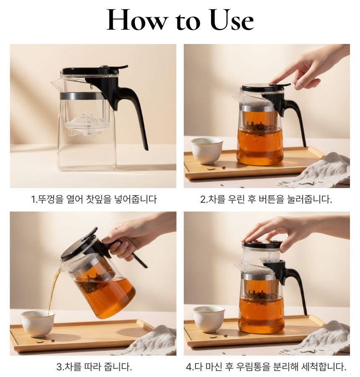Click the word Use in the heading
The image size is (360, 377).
(231, 20)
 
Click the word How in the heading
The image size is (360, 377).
(137, 20)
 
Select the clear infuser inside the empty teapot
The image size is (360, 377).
(87, 124)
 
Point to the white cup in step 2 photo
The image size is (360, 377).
(207, 150)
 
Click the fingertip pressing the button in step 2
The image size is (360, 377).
(273, 83)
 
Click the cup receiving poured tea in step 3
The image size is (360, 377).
(38, 323)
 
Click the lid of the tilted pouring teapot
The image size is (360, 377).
(78, 245)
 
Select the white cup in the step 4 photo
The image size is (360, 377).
(208, 319)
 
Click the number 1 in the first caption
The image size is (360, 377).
(33, 199)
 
